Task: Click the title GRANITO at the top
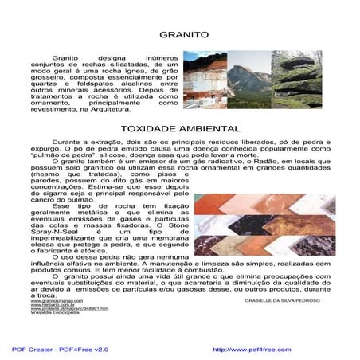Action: [x=184, y=35]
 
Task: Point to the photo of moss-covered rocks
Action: [x=295, y=80]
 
